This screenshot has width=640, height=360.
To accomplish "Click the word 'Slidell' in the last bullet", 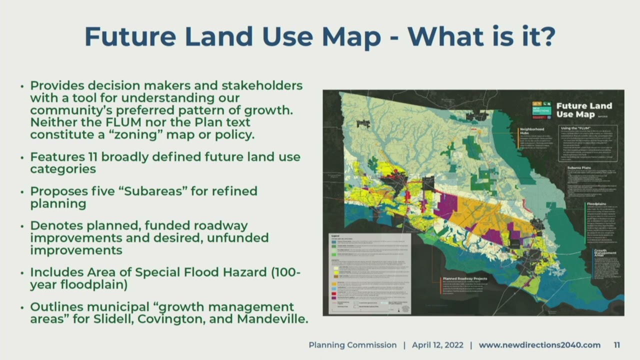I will tap(114, 318).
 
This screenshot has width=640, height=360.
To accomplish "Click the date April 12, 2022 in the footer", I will tap(437, 345).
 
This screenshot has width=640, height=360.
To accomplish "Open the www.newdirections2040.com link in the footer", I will tap(539, 345).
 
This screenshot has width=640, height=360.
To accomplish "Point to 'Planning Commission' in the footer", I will tap(352, 345).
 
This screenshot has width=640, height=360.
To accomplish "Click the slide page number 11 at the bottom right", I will tap(617, 345).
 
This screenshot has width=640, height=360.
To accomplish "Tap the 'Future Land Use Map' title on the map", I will tap(583, 110).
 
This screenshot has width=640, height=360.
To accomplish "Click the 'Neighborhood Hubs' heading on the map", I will tap(531, 131).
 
